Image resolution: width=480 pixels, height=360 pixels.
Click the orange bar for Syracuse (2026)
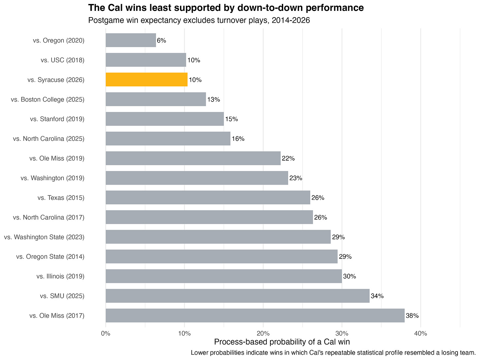[146, 79]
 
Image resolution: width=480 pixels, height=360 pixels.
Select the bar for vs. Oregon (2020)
[131, 40]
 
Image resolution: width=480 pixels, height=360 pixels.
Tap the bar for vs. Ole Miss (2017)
[255, 315]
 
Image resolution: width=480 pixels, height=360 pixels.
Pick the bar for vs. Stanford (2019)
[165, 119]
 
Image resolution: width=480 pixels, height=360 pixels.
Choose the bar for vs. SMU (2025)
[237, 296]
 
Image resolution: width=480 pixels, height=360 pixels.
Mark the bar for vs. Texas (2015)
[208, 197]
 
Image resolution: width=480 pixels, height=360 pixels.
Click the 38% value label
[412, 315]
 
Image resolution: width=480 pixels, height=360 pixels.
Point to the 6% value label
[162, 41]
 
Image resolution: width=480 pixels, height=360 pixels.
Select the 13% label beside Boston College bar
[214, 100]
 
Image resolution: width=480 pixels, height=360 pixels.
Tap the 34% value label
[377, 296]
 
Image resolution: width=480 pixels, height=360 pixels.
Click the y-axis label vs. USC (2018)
[63, 60]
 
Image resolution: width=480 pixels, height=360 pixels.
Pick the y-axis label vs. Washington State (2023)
[44, 237]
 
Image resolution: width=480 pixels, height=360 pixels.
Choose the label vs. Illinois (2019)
[60, 276]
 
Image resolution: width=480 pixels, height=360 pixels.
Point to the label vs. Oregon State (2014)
[50, 256]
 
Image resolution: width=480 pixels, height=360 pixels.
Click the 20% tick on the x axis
[263, 334]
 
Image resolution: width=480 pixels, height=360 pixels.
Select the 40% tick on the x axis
[421, 334]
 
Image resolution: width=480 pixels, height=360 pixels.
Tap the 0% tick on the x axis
[105, 334]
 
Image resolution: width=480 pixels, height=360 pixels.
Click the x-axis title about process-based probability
[282, 342]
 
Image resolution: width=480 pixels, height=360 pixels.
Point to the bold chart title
[226, 8]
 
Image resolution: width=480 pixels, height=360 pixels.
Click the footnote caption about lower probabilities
[333, 353]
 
